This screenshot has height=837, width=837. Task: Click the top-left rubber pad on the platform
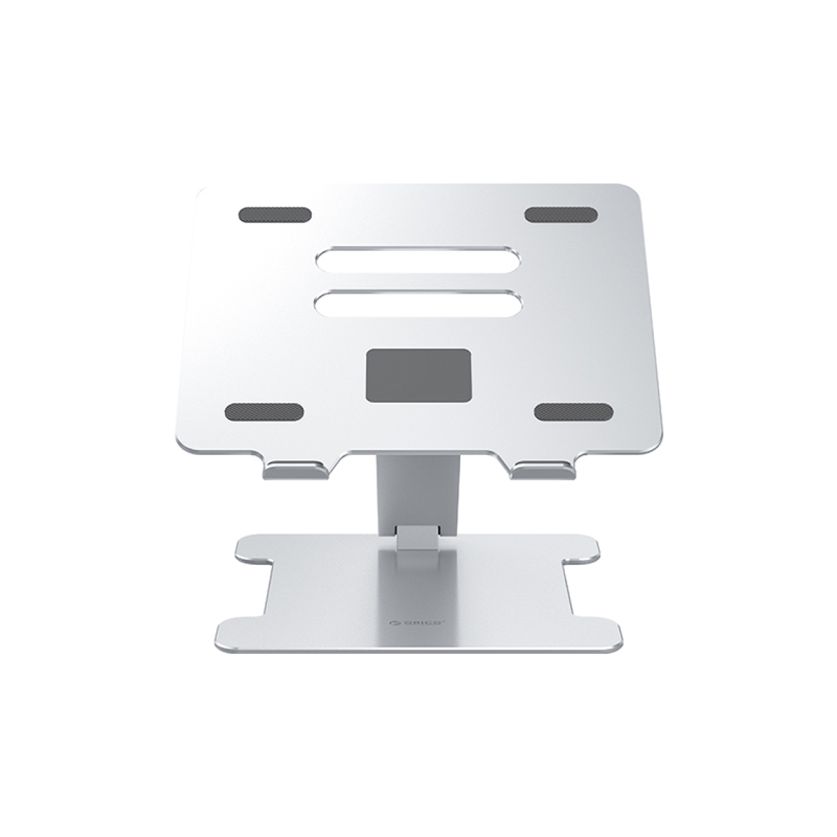tap(275, 215)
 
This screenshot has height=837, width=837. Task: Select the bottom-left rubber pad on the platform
tap(264, 412)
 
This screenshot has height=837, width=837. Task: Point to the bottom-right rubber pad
tap(573, 411)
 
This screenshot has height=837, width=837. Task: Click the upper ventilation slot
tap(418, 260)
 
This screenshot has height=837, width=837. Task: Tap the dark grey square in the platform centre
tap(418, 375)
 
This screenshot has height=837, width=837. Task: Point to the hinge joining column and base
tap(418, 536)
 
